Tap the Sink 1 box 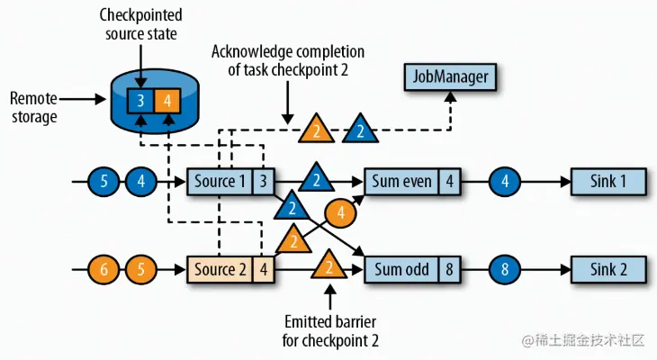609,181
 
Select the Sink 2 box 609,268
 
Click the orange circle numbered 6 103,268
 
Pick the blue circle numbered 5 103,181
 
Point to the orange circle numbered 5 140,268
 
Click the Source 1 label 220,181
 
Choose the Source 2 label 220,268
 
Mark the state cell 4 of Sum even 450,181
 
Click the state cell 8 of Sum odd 450,268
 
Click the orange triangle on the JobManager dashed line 316,130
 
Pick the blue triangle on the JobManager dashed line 358,130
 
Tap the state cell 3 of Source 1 263,181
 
